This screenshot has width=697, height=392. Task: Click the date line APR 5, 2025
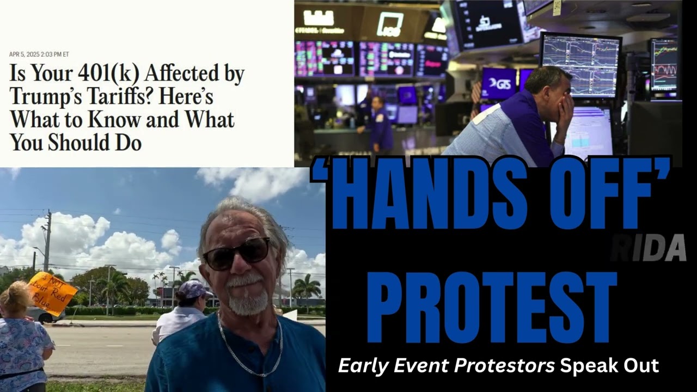(39, 54)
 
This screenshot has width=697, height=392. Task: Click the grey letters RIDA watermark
(647, 248)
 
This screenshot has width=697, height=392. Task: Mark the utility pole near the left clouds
(47, 240)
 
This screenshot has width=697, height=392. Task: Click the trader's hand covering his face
(564, 103)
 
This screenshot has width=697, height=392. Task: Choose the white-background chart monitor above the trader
(580, 65)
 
